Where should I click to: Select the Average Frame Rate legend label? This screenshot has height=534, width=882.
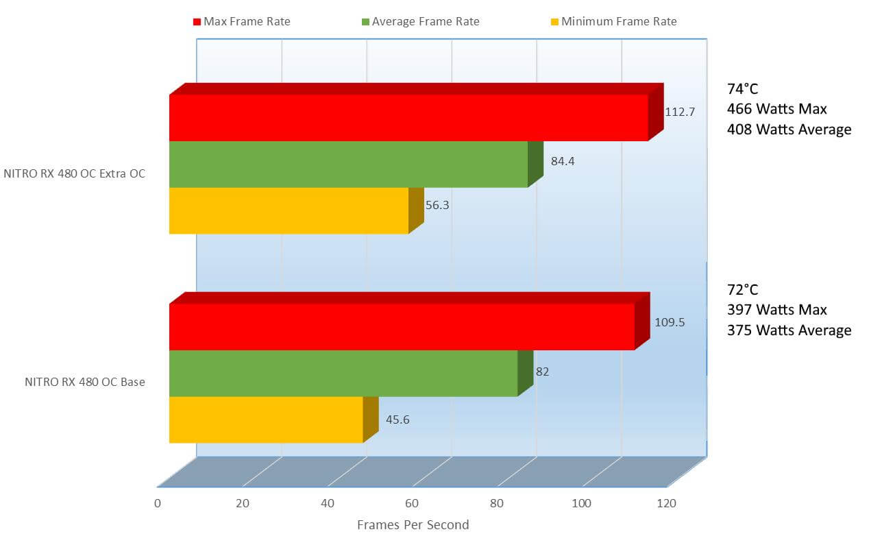tap(426, 22)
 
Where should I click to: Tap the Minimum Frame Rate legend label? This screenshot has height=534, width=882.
tap(619, 22)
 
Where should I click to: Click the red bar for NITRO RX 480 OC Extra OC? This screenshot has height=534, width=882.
tap(408, 118)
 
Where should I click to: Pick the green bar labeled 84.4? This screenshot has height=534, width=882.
tap(348, 165)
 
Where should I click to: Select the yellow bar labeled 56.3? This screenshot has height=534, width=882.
tap(289, 210)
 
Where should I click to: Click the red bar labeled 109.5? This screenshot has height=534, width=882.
tap(402, 327)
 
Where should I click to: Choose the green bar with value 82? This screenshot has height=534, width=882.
tap(343, 373)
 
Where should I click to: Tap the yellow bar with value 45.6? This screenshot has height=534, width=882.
tap(265, 420)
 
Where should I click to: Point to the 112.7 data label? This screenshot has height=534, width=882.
tap(680, 112)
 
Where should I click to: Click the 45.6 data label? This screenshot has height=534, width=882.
tap(397, 420)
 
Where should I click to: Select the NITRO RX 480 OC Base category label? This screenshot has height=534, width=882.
tap(85, 383)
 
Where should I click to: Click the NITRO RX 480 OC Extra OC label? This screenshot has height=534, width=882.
tap(75, 173)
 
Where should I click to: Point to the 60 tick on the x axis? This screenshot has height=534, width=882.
tap(412, 503)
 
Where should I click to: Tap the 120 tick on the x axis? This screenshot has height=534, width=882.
tap(665, 503)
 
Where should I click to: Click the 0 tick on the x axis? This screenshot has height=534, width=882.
tap(158, 503)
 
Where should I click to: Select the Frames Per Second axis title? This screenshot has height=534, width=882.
tap(413, 525)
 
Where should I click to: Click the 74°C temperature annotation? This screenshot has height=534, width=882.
tap(743, 88)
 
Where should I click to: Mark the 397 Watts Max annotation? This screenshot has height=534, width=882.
tap(776, 310)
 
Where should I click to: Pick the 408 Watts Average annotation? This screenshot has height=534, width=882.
tap(789, 130)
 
